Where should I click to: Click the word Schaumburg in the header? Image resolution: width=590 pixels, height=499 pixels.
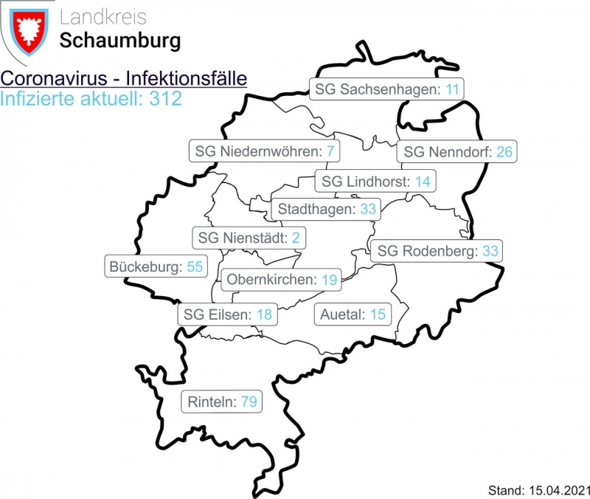pyautogui.click(x=120, y=41)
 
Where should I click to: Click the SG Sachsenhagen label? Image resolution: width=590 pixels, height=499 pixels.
pyautogui.click(x=387, y=90)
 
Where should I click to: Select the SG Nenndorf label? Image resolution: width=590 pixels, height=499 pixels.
pyautogui.click(x=458, y=152)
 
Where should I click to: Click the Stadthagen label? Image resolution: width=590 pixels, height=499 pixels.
pyautogui.click(x=326, y=209)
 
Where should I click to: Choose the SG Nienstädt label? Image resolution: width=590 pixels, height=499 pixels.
pyautogui.click(x=249, y=238)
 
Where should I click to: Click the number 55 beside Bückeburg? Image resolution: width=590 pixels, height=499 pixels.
pyautogui.click(x=194, y=266)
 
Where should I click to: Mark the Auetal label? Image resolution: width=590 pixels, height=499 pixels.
pyautogui.click(x=353, y=314)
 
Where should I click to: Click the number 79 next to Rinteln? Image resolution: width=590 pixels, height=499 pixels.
pyautogui.click(x=249, y=402)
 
